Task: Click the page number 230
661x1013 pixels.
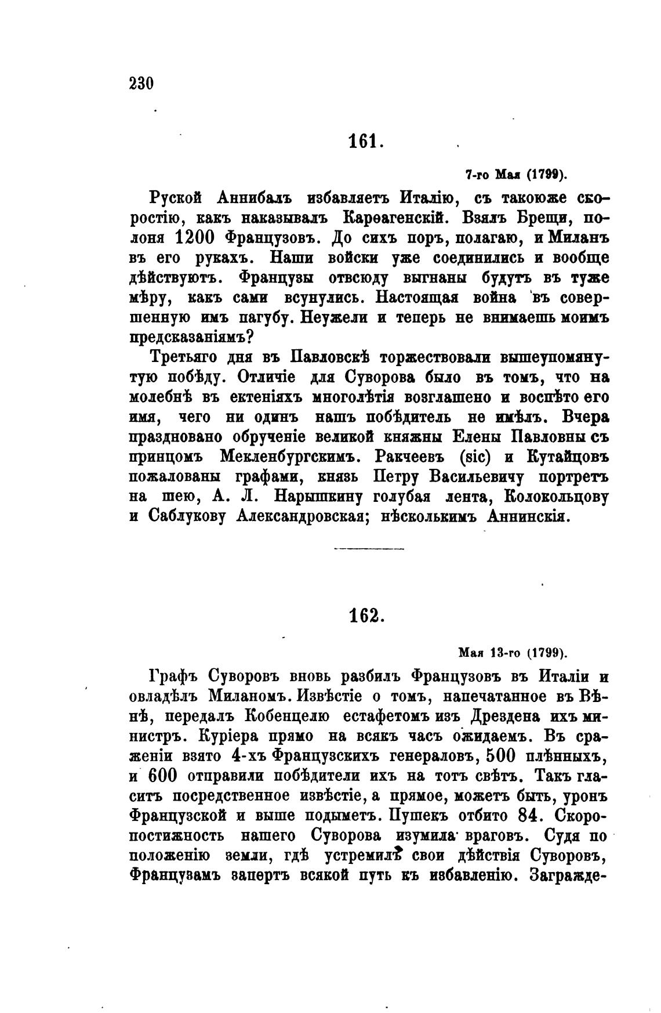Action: [141, 84]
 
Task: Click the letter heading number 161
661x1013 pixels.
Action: [364, 140]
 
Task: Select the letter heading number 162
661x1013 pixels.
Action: [364, 616]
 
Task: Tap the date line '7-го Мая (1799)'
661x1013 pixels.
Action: [517, 174]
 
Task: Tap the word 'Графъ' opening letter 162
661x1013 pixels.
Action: [173, 676]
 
